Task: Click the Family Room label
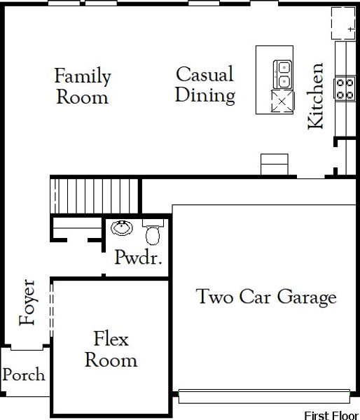coord(83,85)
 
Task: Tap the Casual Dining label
coord(205,84)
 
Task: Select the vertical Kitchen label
coord(317,96)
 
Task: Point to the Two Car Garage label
coord(265,297)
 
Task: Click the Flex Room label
coord(111,350)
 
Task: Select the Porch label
coord(23,374)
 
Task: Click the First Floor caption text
coord(331,415)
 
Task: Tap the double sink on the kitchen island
coord(283,70)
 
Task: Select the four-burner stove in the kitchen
coord(344,87)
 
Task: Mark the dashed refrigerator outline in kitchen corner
coord(342,22)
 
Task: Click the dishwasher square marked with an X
coord(283,101)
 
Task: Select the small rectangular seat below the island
coord(274,164)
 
